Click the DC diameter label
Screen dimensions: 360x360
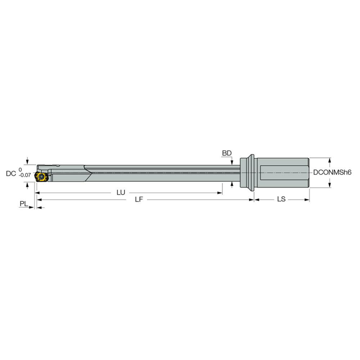[10, 174]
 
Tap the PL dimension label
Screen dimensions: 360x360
[24, 204]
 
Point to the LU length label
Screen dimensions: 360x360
[121, 193]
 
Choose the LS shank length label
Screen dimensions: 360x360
[281, 199]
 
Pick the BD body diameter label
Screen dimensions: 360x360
[226, 153]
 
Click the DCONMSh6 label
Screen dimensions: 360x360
[332, 172]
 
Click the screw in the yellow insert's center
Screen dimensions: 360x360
[41, 177]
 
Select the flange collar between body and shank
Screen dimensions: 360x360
[248, 172]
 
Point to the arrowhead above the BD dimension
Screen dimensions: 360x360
[231, 161]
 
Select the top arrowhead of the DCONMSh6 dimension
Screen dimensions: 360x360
[329, 160]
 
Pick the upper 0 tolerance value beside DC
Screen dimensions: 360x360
[20, 169]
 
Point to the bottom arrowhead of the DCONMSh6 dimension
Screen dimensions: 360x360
[329, 185]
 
